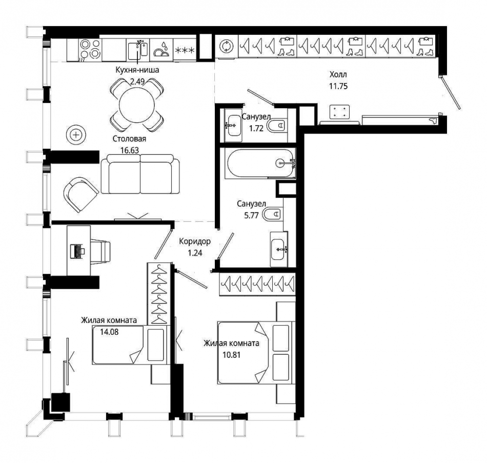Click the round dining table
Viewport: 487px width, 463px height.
(137, 105)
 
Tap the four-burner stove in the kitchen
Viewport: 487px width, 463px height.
(90, 50)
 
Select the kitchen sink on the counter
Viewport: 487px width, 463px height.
(138, 50)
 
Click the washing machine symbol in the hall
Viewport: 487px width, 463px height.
(227, 46)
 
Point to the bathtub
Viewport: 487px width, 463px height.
(260, 164)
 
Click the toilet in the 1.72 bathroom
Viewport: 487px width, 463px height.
(277, 126)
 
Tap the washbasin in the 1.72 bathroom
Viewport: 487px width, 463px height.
(233, 125)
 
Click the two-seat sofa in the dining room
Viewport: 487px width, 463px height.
(140, 174)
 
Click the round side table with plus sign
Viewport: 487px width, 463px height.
(76, 134)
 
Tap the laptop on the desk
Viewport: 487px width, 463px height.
(77, 251)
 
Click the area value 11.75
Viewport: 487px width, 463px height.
(338, 86)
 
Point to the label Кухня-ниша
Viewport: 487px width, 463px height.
(137, 70)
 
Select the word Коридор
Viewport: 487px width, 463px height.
(195, 241)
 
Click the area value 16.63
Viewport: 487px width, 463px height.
(130, 150)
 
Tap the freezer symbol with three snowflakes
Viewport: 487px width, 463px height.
(185, 50)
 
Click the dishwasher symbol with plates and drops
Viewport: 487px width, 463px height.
(161, 50)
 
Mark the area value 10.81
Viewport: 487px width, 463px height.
(231, 354)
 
